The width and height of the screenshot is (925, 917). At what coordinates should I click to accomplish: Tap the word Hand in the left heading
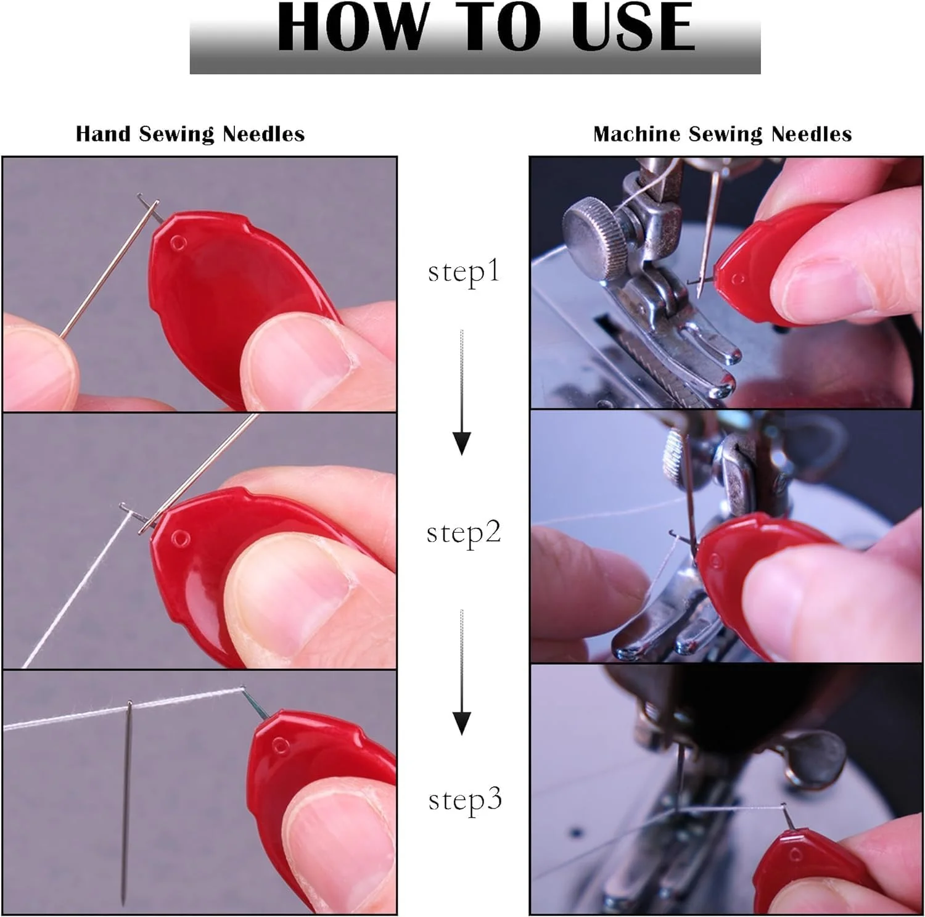pyautogui.click(x=103, y=134)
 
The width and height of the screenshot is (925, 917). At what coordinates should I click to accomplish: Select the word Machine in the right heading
pyautogui.click(x=638, y=134)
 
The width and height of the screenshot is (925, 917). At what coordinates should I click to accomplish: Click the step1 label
pyautogui.click(x=463, y=272)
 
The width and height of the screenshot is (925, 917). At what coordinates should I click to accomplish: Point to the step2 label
pyautogui.click(x=464, y=533)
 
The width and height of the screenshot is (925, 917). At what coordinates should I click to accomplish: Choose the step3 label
pyautogui.click(x=465, y=800)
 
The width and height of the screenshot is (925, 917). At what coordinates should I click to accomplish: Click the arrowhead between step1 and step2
pyautogui.click(x=462, y=443)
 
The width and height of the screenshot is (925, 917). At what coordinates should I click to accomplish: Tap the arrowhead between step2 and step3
pyautogui.click(x=462, y=723)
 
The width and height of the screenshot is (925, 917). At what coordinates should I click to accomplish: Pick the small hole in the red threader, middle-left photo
pyautogui.click(x=179, y=538)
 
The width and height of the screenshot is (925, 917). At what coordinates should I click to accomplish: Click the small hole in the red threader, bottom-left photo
pyautogui.click(x=280, y=747)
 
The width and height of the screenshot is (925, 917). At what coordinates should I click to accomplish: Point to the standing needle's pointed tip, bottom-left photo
pyautogui.click(x=123, y=905)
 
